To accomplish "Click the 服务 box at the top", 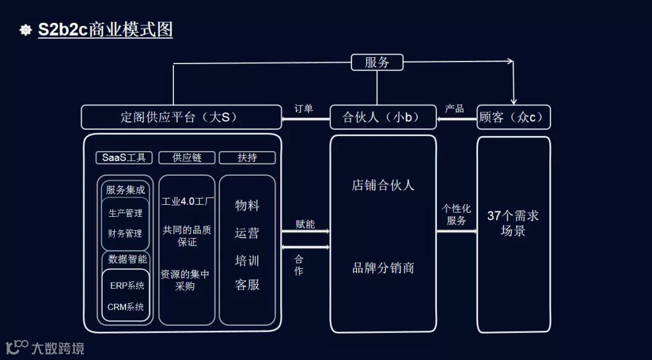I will (x=377, y=62).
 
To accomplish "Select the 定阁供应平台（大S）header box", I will (x=181, y=117).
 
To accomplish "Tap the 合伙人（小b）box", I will (x=383, y=117).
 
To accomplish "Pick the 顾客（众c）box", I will (x=514, y=117).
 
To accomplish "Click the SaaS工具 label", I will (x=124, y=158).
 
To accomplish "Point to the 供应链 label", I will (x=187, y=158).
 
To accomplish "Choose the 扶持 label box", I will (x=247, y=158).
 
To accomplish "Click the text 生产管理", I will (x=126, y=213).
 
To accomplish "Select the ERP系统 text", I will (x=127, y=286).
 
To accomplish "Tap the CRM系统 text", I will (x=126, y=307).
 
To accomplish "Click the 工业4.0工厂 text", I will (x=187, y=202).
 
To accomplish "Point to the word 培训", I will (x=247, y=261).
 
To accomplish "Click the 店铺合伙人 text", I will (x=383, y=185).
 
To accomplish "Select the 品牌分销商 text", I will (x=383, y=268).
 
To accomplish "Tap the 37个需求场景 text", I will (x=513, y=223).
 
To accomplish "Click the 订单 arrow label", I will (x=304, y=109).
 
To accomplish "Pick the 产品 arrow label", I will (x=455, y=109).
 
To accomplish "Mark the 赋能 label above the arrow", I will (x=305, y=224).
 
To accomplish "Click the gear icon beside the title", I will (x=25, y=30).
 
